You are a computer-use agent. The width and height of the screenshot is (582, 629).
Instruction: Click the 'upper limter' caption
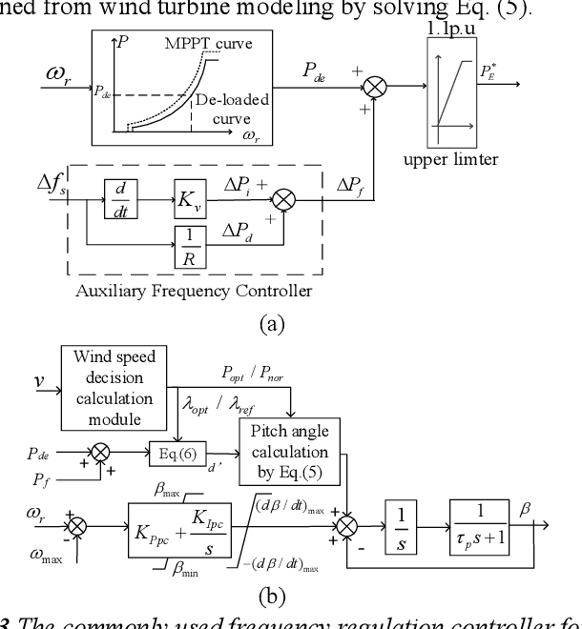[450, 159]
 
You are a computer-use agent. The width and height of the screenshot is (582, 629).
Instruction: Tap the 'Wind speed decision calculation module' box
[114, 388]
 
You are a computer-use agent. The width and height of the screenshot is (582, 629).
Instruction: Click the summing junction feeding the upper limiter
[375, 87]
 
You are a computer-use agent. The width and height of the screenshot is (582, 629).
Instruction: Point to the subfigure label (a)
[272, 324]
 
